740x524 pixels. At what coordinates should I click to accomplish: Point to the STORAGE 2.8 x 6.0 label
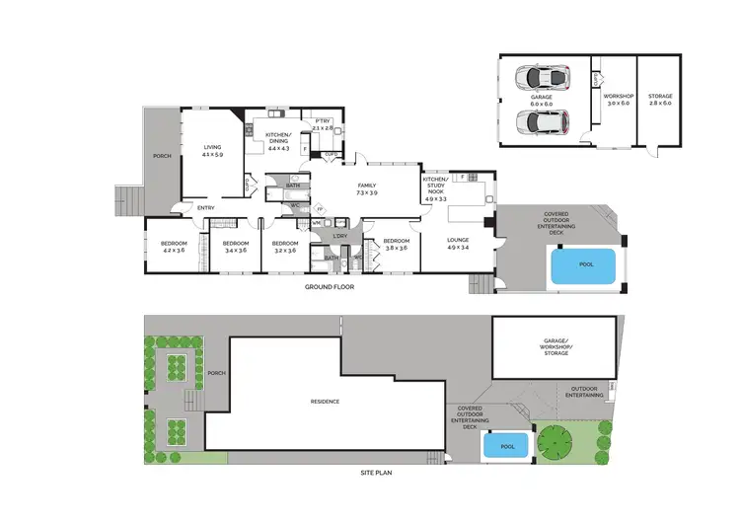[x=660, y=98]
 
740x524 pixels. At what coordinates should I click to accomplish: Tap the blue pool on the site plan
[x=507, y=446]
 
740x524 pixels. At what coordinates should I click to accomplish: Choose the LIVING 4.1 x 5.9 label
[x=213, y=151]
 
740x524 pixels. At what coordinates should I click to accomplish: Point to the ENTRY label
[x=205, y=207]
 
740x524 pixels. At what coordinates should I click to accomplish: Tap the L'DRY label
[x=341, y=236]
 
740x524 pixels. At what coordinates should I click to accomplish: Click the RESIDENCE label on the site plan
[x=325, y=401]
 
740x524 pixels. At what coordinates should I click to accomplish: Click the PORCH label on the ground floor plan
[x=162, y=156]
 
